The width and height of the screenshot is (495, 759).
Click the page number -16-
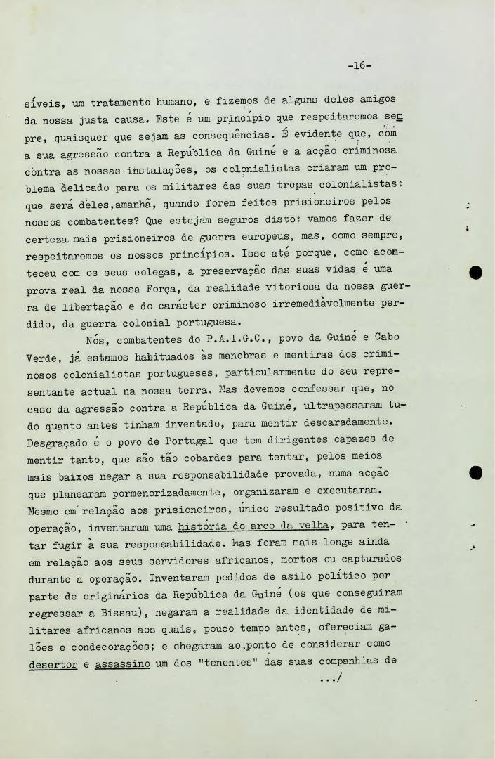point(359,66)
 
